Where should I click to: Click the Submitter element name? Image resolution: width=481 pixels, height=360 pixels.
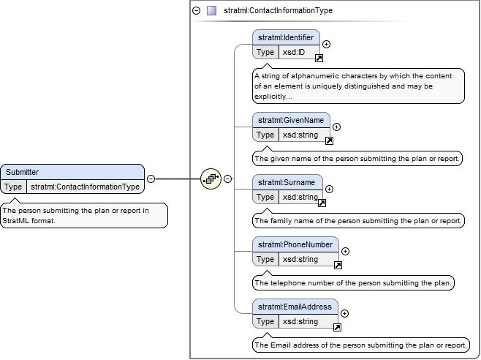pyautogui.click(x=23, y=172)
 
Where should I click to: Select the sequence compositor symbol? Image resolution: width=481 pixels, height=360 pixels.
pyautogui.click(x=211, y=179)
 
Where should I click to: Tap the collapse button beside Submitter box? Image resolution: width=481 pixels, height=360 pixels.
pyautogui.click(x=151, y=179)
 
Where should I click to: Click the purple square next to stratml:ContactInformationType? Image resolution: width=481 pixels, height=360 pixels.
pyautogui.click(x=212, y=11)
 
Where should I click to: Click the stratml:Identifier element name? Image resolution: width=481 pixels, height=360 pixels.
pyautogui.click(x=286, y=37)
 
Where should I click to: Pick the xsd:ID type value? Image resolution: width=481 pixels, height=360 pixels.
pyautogui.click(x=294, y=52)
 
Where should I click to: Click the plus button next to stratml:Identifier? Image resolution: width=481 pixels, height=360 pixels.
pyautogui.click(x=326, y=44)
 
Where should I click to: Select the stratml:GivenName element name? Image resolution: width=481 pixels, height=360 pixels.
pyautogui.click(x=291, y=120)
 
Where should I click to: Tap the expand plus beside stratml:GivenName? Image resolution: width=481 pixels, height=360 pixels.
pyautogui.click(x=336, y=127)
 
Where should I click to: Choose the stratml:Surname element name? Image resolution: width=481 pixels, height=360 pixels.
pyautogui.click(x=287, y=182)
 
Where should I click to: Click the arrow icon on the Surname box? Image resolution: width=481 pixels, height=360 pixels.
pyautogui.click(x=322, y=203)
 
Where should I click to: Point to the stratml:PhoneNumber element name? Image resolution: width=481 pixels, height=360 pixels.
pyautogui.click(x=295, y=244)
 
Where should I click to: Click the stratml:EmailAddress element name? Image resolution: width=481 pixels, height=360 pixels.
pyautogui.click(x=295, y=307)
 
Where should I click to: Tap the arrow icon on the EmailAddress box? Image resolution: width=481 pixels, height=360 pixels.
pyautogui.click(x=337, y=328)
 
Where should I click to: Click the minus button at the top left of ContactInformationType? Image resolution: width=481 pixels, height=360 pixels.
pyautogui.click(x=197, y=11)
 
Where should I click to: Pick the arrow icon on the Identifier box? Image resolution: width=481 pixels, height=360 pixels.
pyautogui.click(x=319, y=58)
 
